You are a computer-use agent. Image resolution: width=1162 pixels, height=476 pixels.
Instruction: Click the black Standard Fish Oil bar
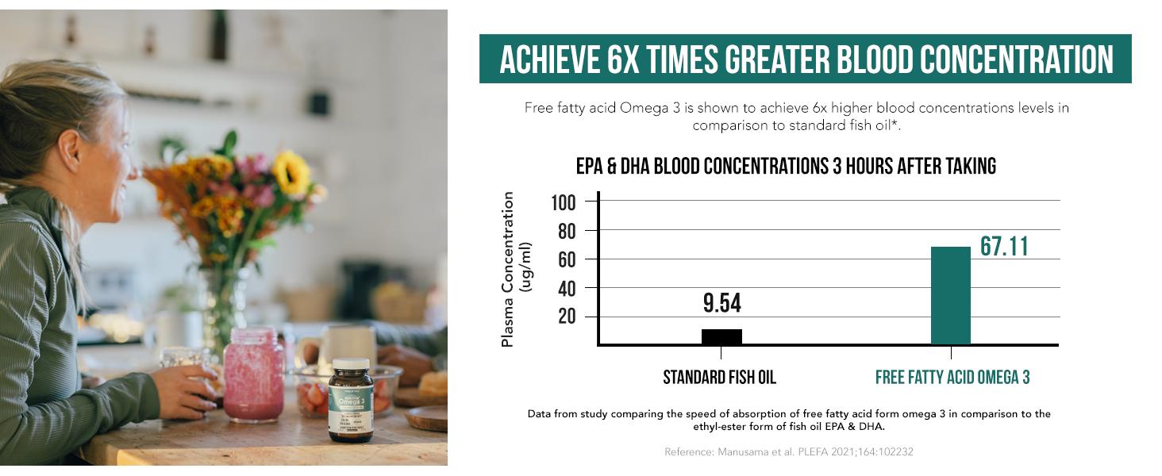pyautogui.click(x=721, y=336)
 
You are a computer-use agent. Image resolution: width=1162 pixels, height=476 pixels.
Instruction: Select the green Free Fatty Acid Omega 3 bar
pyautogui.click(x=950, y=296)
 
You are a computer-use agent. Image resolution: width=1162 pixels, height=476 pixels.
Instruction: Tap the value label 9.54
pyautogui.click(x=721, y=303)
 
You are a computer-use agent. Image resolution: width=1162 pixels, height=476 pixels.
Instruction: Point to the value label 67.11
pyautogui.click(x=1004, y=247)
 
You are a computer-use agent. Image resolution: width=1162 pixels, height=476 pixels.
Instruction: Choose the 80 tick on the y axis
pyautogui.click(x=568, y=231)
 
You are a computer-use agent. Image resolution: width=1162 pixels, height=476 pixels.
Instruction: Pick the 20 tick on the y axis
pyautogui.click(x=568, y=317)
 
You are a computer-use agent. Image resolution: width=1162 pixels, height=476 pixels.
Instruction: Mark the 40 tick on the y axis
pyautogui.click(x=568, y=288)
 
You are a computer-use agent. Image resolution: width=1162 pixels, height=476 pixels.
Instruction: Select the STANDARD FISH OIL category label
pyautogui.click(x=719, y=378)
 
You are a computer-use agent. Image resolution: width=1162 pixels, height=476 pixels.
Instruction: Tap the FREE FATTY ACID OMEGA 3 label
pyautogui.click(x=952, y=378)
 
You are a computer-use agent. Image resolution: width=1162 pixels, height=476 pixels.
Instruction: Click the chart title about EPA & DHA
pyautogui.click(x=785, y=167)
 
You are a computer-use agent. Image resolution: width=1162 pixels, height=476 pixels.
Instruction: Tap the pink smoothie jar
pyautogui.click(x=253, y=374)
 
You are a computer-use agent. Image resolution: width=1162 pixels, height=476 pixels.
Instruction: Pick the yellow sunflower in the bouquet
pyautogui.click(x=290, y=174)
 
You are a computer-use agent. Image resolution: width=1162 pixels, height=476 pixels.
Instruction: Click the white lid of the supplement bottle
pyautogui.click(x=350, y=364)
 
